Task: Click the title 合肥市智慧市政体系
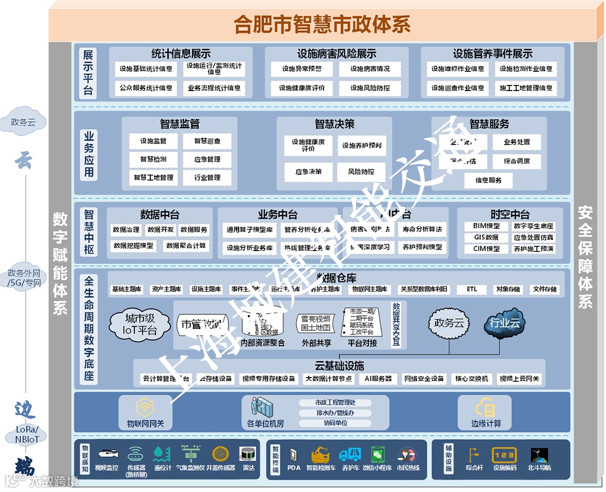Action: [322, 24]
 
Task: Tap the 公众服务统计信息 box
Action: [146, 88]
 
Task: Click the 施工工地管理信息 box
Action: [526, 88]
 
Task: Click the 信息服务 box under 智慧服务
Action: [488, 181]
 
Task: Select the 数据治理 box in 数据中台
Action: [126, 230]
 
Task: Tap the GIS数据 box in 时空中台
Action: [486, 237]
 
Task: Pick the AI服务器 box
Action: [378, 379]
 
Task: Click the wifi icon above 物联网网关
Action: [145, 407]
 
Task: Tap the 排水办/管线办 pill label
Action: [335, 413]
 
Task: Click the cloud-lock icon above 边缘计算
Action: [486, 407]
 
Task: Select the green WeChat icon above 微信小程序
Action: [377, 455]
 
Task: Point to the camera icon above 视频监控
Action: [107, 454]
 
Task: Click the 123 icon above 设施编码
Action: [504, 455]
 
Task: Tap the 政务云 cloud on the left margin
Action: [27, 122]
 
